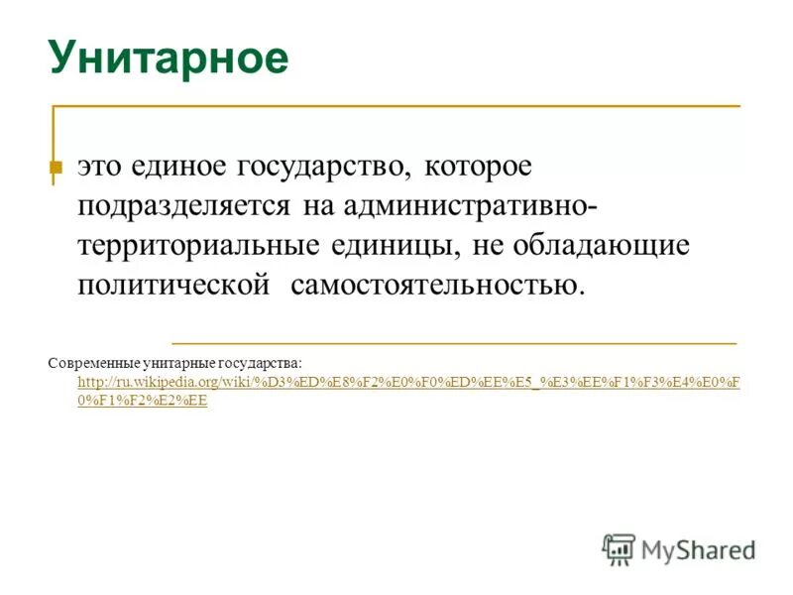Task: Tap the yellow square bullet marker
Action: (x=56, y=169)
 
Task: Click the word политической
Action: (x=174, y=285)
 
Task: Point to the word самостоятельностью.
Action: (x=437, y=285)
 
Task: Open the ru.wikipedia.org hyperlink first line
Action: (x=407, y=383)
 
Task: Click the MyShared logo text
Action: (x=699, y=548)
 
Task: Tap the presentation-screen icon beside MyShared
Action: (x=619, y=548)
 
